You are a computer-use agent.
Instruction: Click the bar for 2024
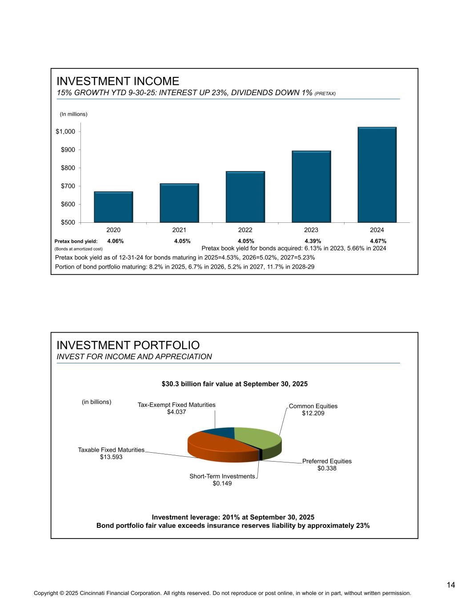coord(377,175)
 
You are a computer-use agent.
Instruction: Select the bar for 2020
coord(113,207)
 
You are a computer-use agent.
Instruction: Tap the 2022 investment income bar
coord(245,197)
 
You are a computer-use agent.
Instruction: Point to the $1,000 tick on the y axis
coord(65,132)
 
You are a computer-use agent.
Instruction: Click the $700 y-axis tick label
coord(68,186)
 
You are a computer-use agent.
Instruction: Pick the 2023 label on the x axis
coord(311,230)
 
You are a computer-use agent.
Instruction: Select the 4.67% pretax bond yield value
coord(378,241)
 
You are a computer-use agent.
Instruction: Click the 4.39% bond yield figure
coord(313,241)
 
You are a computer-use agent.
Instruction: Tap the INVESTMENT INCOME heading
coord(118,81)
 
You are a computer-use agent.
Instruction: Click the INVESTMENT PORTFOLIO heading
coord(128,345)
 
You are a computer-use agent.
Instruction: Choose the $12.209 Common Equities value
coord(313,413)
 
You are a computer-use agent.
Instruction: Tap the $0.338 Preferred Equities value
coord(327,468)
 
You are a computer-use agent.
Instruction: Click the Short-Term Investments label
coord(222,476)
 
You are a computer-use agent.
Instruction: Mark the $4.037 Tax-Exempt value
coord(176,412)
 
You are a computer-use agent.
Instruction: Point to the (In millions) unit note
coord(74,114)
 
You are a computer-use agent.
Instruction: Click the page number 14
coord(451,585)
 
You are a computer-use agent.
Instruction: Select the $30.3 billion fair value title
coord(234,383)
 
